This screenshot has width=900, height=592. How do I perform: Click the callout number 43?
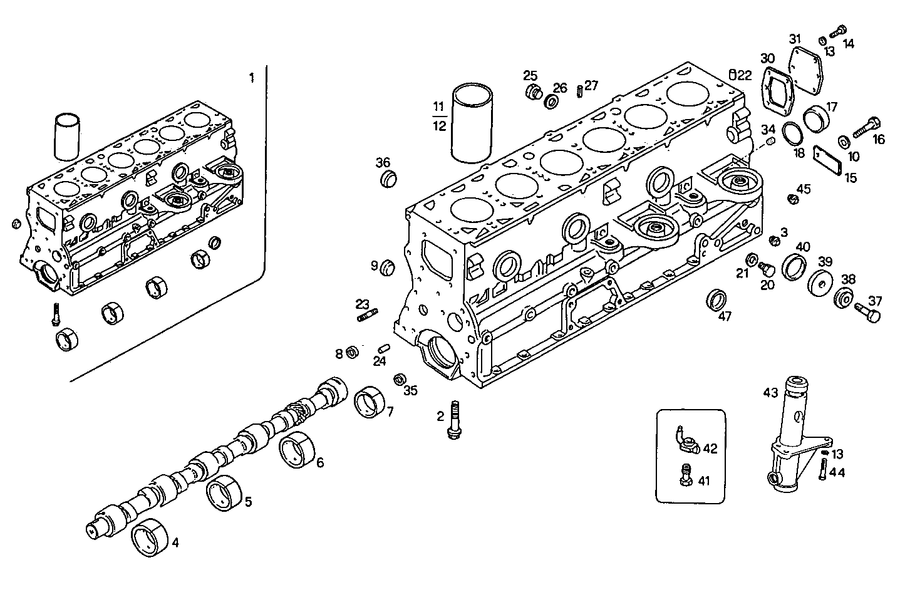[770, 392]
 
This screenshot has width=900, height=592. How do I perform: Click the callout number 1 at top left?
[252, 78]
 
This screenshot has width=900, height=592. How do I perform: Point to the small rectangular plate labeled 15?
[827, 160]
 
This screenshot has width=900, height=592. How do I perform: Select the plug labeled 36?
[390, 178]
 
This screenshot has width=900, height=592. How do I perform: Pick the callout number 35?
[410, 391]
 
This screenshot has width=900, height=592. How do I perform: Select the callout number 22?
[744, 75]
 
